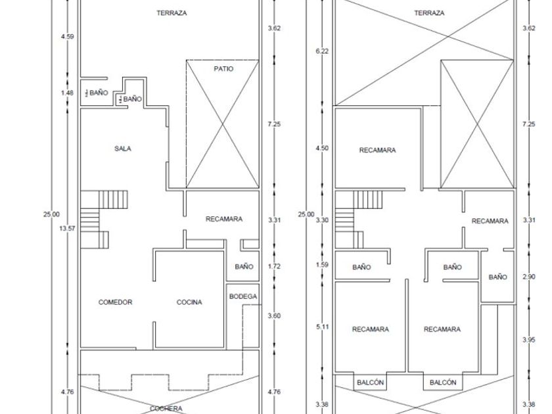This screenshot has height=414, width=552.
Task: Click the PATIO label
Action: coord(223,68)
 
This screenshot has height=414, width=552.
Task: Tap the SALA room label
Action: coord(122,149)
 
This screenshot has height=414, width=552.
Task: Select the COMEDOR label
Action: coord(116,302)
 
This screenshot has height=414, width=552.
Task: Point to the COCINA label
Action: coord(189,302)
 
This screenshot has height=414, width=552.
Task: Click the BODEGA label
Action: coord(243,296)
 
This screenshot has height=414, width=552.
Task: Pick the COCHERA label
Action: coord(166,408)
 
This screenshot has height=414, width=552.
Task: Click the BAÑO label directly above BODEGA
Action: coord(244,267)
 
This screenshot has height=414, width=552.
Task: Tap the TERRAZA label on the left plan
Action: coord(172,13)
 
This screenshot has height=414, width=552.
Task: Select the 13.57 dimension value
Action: coord(67,229)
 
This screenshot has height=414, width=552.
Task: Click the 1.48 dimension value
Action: coord(67,93)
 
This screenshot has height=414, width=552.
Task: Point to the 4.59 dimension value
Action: coord(67,36)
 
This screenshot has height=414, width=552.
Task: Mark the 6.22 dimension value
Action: coord(322,51)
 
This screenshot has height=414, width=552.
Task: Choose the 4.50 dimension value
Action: coord(322,148)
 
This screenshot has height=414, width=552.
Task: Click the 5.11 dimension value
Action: coord(323,327)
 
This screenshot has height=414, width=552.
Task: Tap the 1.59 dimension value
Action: coord(322,265)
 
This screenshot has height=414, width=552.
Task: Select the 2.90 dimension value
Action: coord(529,277)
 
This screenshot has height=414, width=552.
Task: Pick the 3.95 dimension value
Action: coord(529,340)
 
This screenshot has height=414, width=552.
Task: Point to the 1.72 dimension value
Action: coord(274,266)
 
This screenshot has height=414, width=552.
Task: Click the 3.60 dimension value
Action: coord(274,316)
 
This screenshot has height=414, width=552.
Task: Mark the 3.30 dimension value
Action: coord(322,220)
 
